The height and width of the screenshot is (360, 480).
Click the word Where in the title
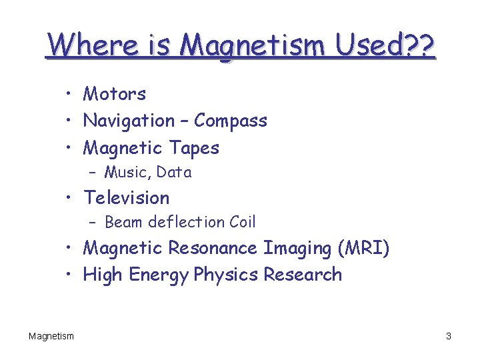click(x=83, y=45)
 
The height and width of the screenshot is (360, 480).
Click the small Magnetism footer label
click(x=51, y=336)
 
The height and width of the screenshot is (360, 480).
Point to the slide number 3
click(x=449, y=336)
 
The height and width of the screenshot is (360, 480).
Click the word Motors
click(x=114, y=94)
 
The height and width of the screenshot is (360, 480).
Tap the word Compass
click(x=231, y=121)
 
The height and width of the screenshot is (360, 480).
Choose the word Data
click(x=174, y=172)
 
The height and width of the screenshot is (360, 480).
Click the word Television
click(x=127, y=197)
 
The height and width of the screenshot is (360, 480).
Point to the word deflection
click(x=187, y=222)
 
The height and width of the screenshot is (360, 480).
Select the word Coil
click(x=242, y=222)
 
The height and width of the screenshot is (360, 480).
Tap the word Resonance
click(x=213, y=248)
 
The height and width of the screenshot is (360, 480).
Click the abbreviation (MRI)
click(x=363, y=248)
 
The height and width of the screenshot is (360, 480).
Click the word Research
click(x=303, y=274)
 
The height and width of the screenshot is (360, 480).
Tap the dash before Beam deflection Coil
click(x=93, y=223)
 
